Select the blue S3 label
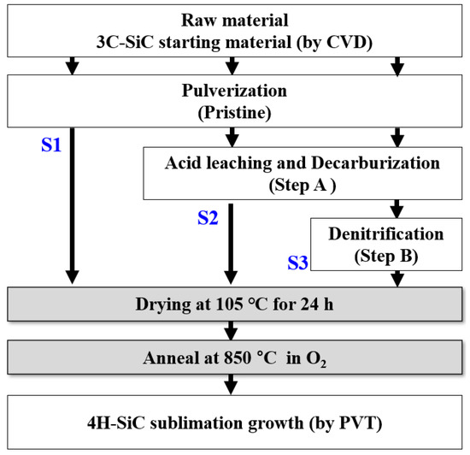click(297, 264)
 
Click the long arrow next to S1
click(73, 205)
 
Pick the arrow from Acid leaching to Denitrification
click(394, 208)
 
